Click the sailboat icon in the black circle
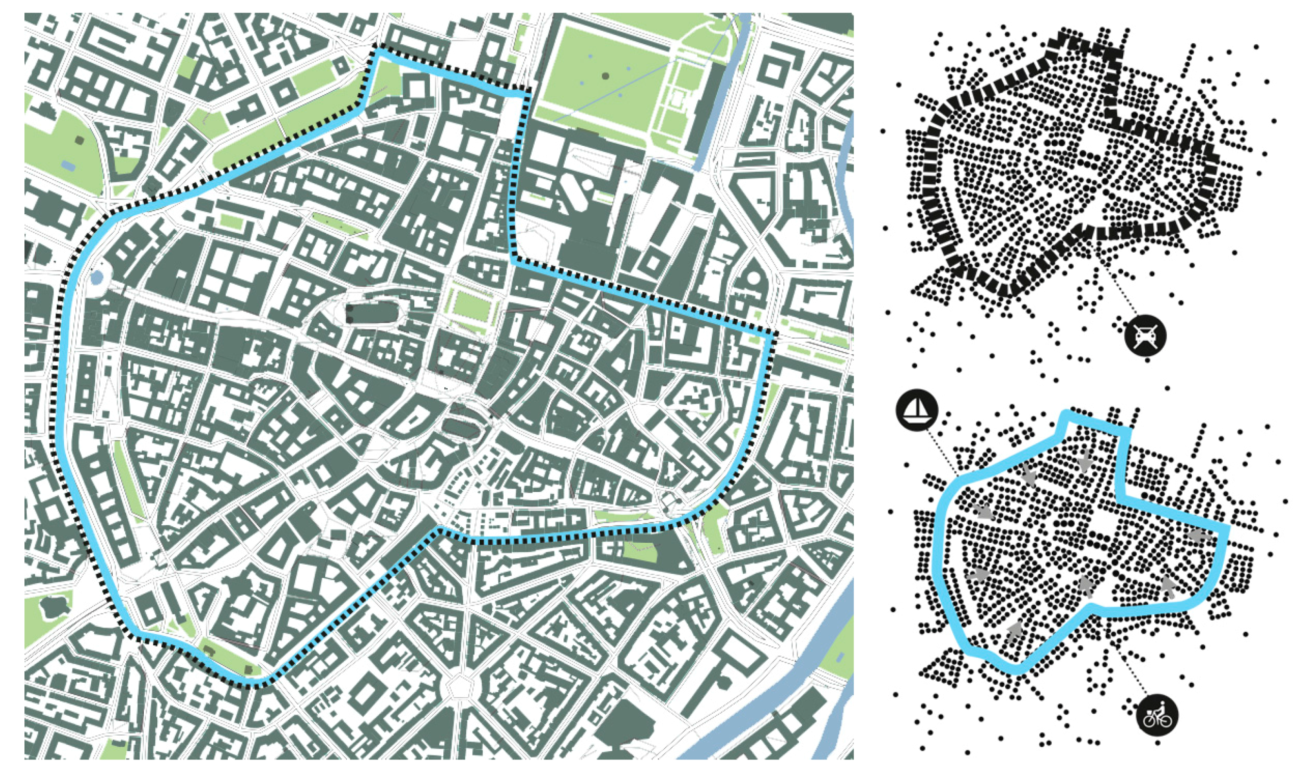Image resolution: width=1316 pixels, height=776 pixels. coord(917,410)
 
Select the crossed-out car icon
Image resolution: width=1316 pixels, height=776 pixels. coord(1145,336)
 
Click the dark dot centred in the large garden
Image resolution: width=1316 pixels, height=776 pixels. coord(605,76)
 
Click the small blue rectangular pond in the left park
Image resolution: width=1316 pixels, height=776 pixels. coord(67,166)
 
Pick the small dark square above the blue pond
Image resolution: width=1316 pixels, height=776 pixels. coord(80,139)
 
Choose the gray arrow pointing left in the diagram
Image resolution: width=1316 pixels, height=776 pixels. coord(1199,535)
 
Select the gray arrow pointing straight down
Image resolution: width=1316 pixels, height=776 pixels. coord(1084,461)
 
